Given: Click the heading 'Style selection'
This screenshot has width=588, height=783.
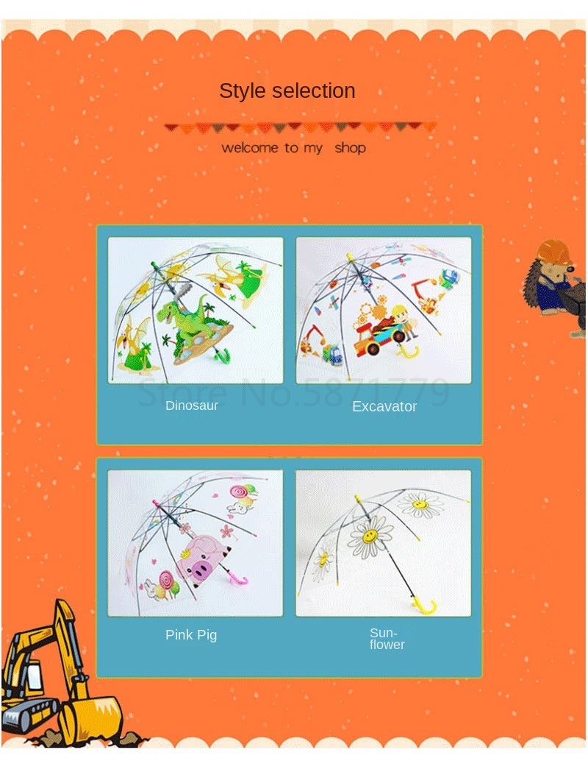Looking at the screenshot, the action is pos(287,91).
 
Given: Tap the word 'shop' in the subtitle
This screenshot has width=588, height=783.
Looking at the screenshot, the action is pos(350,148).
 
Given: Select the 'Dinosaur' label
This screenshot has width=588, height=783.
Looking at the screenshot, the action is pos(192,405).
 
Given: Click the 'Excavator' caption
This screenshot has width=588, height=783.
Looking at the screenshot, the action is pos(384,406).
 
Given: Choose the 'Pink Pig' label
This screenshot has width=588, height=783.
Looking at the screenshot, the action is pos(191,634).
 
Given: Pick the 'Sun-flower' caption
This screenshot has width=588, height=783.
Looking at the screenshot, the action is pos(387,639).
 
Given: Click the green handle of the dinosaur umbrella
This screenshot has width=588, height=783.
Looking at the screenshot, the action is pos(222,355).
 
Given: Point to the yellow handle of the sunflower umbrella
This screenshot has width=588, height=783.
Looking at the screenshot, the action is pos(425,606).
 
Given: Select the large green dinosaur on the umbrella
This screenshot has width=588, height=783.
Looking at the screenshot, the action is pos(184,319).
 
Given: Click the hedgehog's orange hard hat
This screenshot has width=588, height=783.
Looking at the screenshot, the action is pos(555,252).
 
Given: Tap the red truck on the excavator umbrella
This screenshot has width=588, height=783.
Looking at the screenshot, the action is pos(379,339).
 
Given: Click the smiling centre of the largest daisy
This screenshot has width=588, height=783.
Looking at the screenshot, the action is pos(370,536).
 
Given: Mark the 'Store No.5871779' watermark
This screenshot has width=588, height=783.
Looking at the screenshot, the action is pos(293,392).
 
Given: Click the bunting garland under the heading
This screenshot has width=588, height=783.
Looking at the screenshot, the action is pos(300,127).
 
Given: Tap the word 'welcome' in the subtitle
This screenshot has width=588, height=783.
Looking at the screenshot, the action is pos(250,148).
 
